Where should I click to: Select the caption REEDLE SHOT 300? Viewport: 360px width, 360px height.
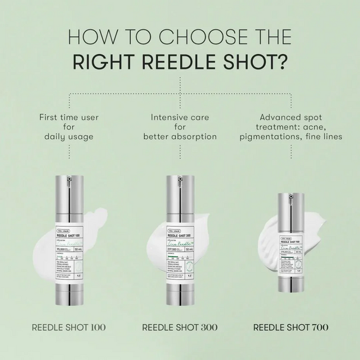(x=180, y=327)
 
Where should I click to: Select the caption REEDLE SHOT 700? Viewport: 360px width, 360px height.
(x=291, y=327)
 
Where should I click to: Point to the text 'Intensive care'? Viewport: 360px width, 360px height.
(x=180, y=117)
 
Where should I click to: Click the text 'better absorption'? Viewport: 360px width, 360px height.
(x=180, y=137)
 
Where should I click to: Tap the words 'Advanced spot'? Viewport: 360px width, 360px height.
(x=291, y=117)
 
